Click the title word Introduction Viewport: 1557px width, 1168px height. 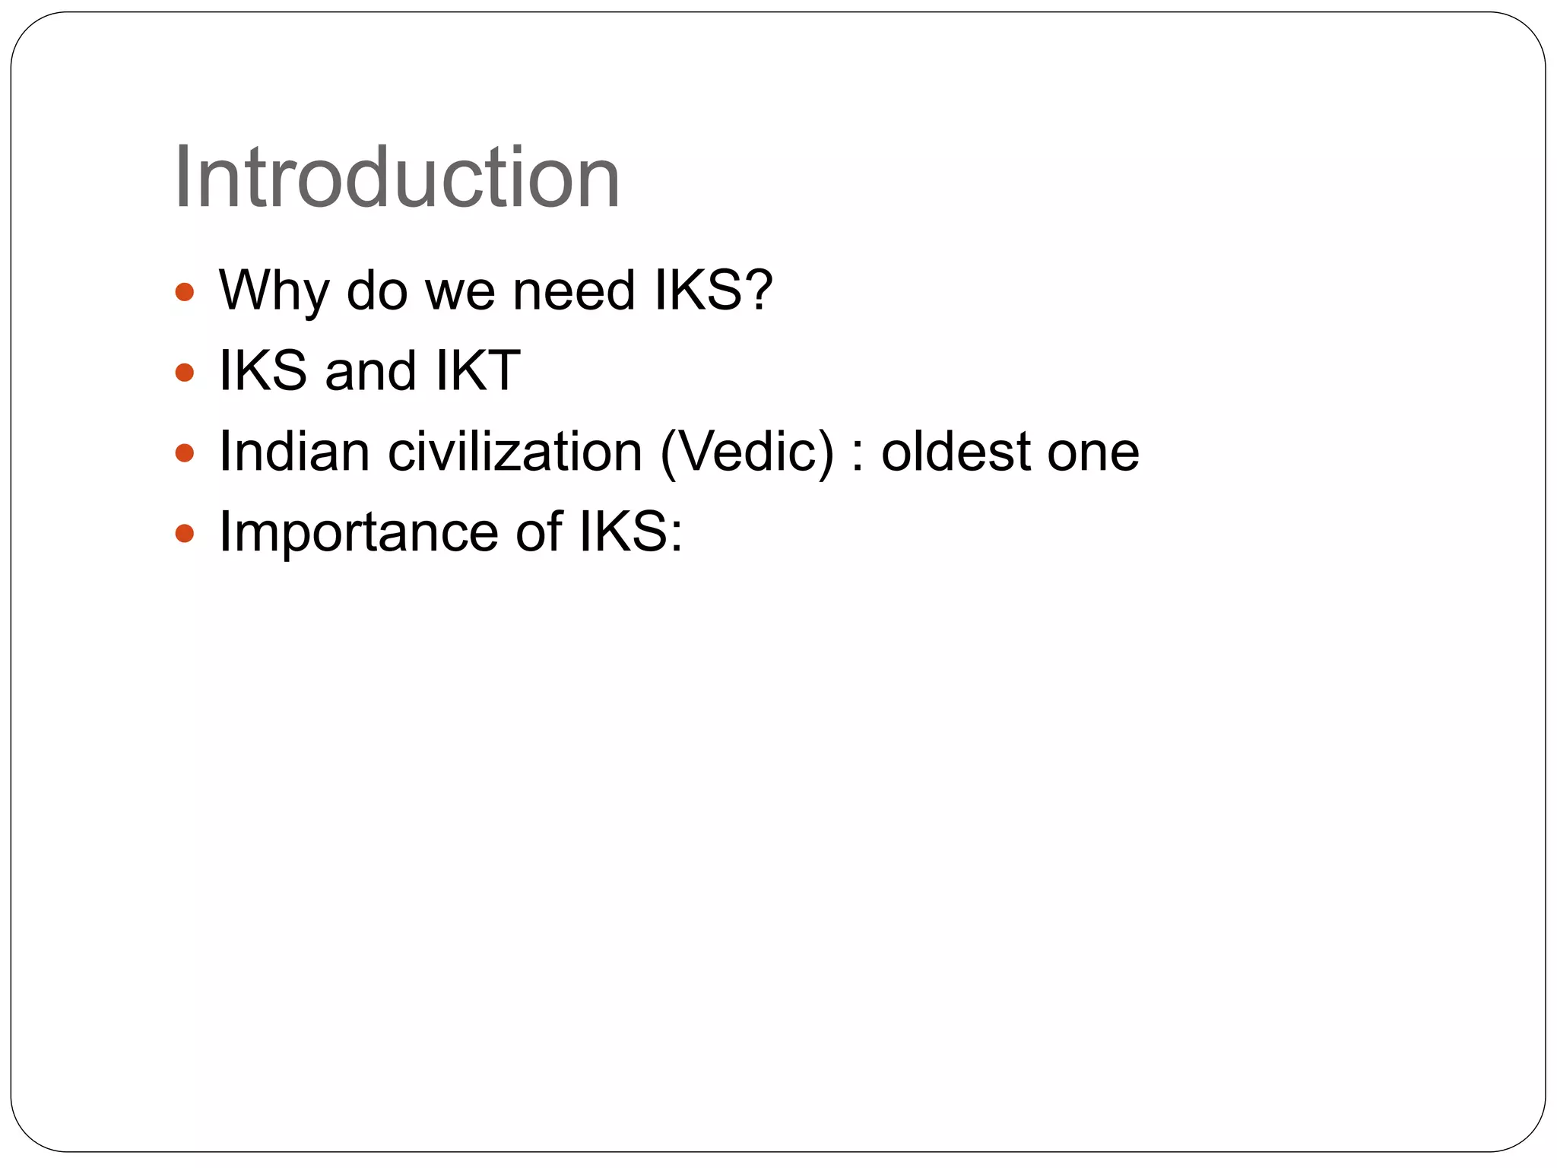tap(397, 178)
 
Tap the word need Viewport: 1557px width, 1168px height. tap(573, 290)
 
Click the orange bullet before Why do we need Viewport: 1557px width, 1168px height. tap(185, 292)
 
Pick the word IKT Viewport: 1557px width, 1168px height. tap(477, 371)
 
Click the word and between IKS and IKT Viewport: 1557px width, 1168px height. tap(369, 371)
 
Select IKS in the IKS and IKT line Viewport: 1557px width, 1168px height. tap(262, 371)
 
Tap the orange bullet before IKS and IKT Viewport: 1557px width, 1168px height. tap(185, 373)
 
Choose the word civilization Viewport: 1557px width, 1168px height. tap(515, 452)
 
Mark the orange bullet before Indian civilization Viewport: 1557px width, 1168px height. tap(185, 453)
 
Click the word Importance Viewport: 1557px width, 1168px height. tap(357, 532)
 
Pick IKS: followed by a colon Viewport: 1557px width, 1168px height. tap(630, 532)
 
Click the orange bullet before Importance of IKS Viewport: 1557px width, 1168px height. tap(185, 534)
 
